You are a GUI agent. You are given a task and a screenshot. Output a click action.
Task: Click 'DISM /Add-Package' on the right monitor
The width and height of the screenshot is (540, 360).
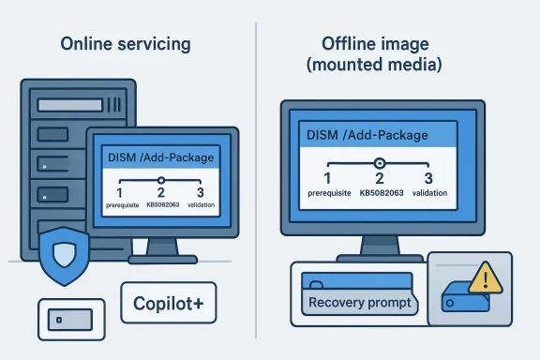pos(367,135)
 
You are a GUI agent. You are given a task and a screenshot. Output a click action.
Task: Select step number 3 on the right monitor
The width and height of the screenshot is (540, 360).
pos(428,178)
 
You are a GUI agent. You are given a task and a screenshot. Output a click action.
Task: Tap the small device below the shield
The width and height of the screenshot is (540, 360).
pos(66,319)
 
